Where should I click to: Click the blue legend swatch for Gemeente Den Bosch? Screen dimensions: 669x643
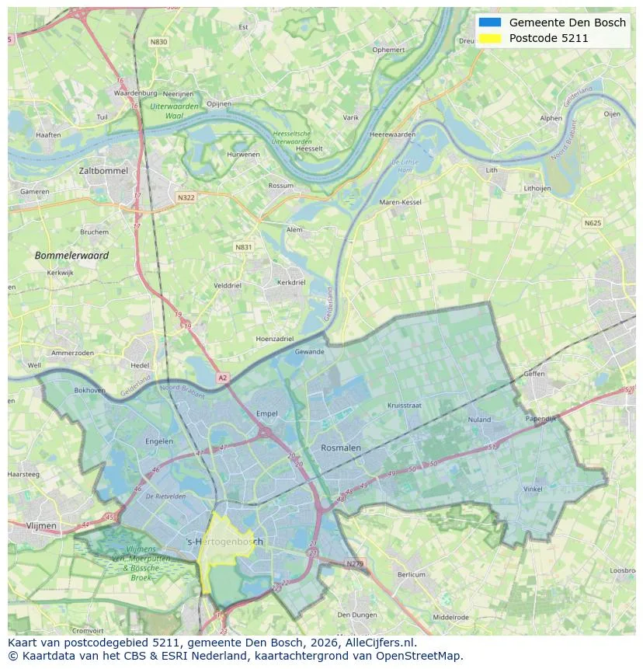click(491, 23)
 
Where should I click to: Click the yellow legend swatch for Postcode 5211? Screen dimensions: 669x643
click(491, 38)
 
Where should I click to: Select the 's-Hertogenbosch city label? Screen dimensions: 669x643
click(226, 542)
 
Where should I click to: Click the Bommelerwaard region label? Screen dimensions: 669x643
click(71, 255)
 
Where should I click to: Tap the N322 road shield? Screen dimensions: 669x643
click(186, 197)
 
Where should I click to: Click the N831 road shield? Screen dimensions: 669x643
click(244, 247)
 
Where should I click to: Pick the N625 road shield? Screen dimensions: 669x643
click(593, 223)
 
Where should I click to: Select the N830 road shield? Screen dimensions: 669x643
click(158, 42)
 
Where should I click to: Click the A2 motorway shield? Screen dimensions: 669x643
click(223, 378)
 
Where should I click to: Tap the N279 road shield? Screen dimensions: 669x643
click(355, 563)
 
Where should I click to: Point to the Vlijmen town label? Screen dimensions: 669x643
click(41, 526)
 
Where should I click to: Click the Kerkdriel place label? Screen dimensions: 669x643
click(291, 282)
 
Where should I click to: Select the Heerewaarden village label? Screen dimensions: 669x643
click(392, 134)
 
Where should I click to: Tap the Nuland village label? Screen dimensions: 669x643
click(479, 420)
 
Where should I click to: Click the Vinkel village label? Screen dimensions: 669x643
click(533, 489)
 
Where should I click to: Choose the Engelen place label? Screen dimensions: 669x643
click(159, 441)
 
